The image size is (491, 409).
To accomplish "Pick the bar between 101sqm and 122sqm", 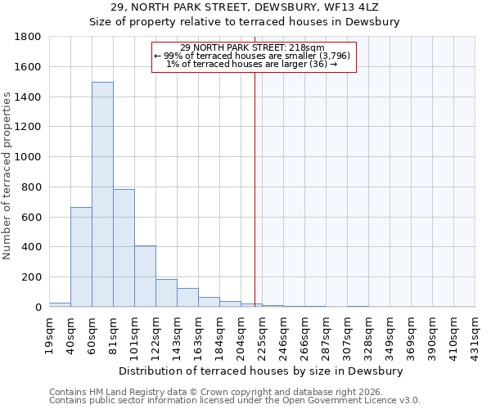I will tap(145, 276).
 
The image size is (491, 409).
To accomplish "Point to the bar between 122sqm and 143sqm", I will tap(166, 293).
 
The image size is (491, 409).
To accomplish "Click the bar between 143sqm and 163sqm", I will tap(187, 298).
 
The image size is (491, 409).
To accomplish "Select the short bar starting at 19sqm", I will tap(60, 304).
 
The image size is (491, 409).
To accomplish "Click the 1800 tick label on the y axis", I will tap(29, 37).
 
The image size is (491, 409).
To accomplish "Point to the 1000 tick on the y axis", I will tap(29, 157).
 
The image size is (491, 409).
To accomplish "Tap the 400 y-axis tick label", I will tap(32, 247).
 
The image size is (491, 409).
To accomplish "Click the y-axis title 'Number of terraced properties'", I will tap(7, 176).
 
